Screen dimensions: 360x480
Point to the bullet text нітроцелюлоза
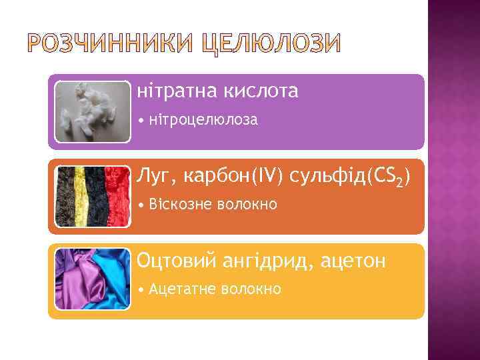point(203,121)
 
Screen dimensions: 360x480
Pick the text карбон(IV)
point(233,176)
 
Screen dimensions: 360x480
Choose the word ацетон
point(353,261)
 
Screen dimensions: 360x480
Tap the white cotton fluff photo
point(92,111)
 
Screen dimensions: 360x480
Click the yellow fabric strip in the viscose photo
point(80,196)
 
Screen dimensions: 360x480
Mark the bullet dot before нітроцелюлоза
point(141,121)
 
